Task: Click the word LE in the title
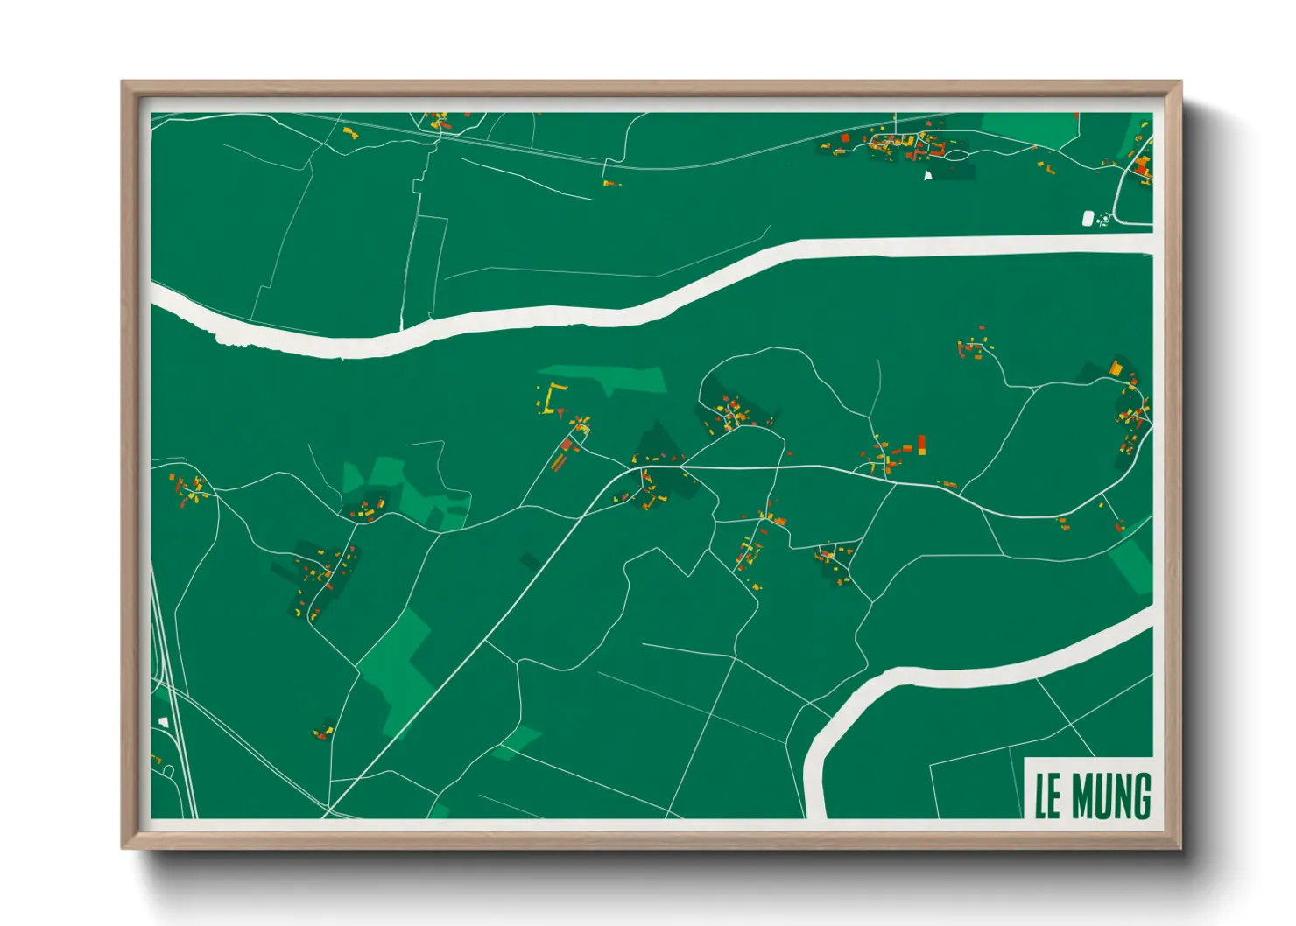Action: (1049, 796)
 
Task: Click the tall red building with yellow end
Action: (921, 445)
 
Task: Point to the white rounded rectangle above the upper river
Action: (1088, 218)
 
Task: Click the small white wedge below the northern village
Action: (928, 175)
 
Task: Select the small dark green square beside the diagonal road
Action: (530, 561)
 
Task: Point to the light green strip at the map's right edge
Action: (1132, 565)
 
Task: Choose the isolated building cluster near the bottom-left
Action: (324, 730)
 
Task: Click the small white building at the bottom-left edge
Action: (163, 722)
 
